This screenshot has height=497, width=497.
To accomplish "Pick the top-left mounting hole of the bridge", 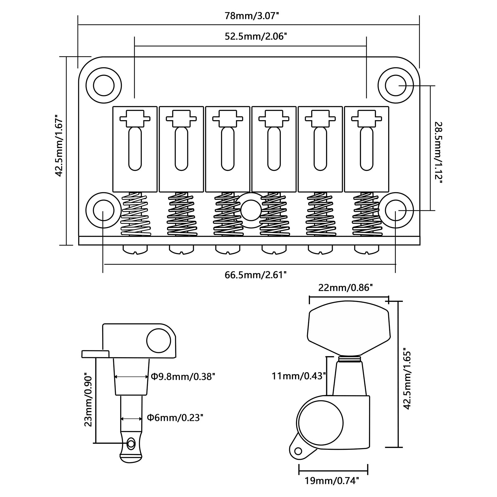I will click(103, 85).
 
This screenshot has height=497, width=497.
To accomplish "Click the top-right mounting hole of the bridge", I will click(395, 85).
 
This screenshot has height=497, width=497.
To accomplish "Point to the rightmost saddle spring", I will click(367, 214).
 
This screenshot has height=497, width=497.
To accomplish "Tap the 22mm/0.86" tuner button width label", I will click(345, 288).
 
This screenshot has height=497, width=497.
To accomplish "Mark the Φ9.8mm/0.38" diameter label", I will click(183, 377).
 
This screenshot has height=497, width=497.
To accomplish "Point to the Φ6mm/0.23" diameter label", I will click(175, 418).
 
